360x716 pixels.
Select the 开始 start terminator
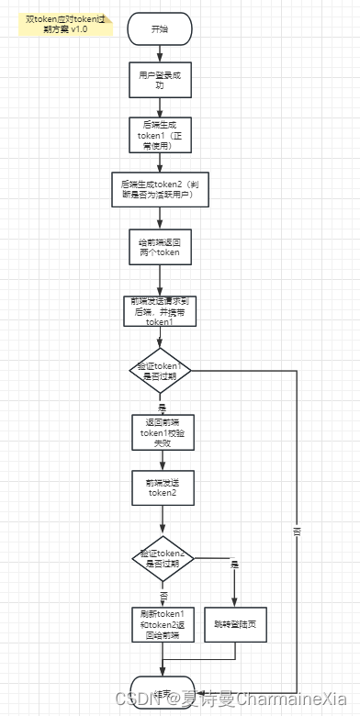(160, 28)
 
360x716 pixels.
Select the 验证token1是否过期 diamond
(161, 371)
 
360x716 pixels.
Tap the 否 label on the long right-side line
(297, 531)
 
